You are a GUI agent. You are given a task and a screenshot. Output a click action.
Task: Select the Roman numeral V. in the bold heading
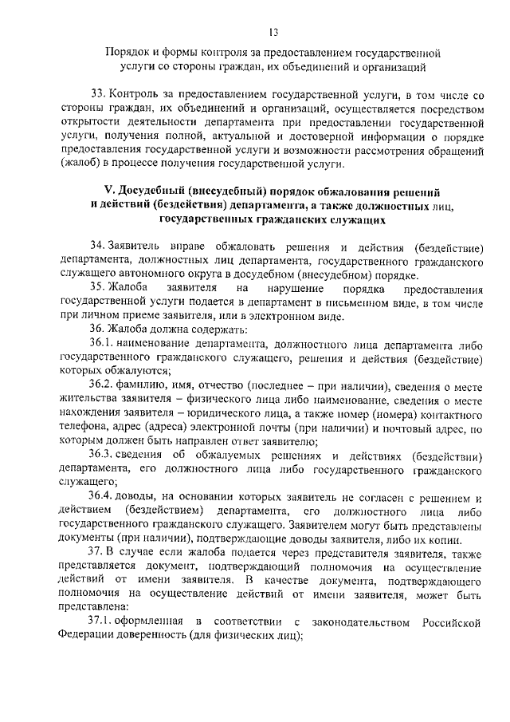tap(111, 193)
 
